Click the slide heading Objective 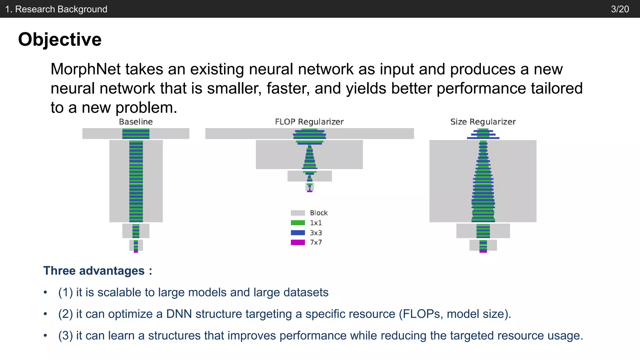point(60,40)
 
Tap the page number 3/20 point(620,9)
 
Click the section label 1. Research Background point(56,9)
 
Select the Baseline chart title point(136,122)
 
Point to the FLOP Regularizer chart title point(309,122)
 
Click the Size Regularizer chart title point(483,122)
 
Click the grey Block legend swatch point(297,213)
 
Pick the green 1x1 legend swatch point(297,223)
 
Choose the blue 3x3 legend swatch point(297,232)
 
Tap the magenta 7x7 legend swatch point(297,242)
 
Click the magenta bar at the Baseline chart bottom point(136,251)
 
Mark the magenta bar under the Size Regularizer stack point(483,251)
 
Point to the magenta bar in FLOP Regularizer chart point(309,191)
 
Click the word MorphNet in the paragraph point(85,69)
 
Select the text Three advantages point(94,271)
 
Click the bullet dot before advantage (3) point(46,336)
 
